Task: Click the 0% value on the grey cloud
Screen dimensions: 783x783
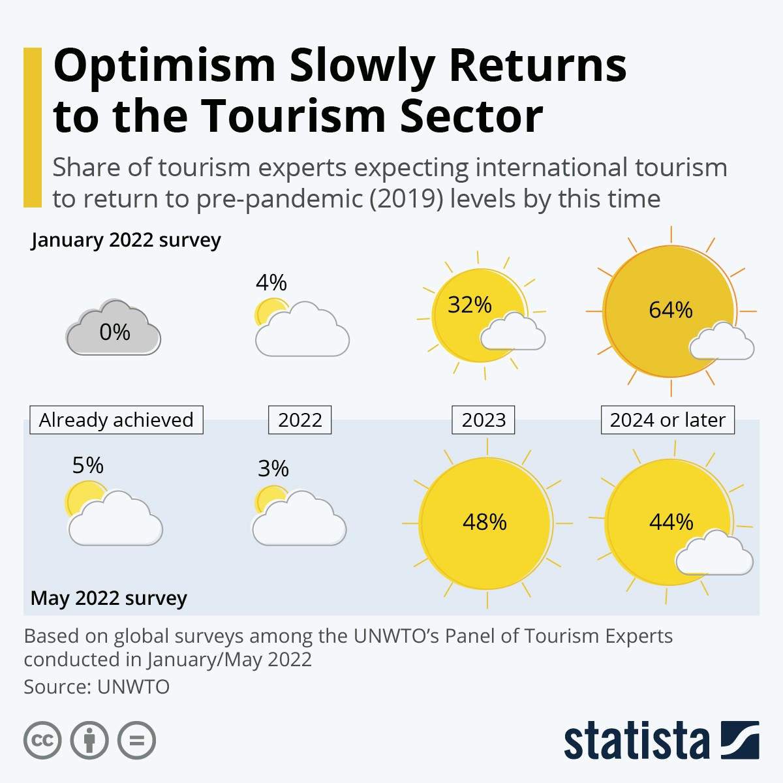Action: click(x=115, y=332)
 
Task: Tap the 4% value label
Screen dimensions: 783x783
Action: click(x=271, y=283)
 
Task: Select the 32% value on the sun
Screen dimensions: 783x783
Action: click(x=470, y=305)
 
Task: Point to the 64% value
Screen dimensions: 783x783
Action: click(x=671, y=309)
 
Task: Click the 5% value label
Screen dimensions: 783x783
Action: click(x=88, y=465)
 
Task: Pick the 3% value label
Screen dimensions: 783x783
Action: click(x=273, y=468)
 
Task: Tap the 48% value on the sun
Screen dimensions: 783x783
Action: click(x=485, y=522)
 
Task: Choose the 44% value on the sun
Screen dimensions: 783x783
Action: click(x=671, y=522)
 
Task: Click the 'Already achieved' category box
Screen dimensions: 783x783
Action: click(x=116, y=420)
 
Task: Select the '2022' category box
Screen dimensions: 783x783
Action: click(x=300, y=420)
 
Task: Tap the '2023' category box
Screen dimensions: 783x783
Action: click(x=484, y=420)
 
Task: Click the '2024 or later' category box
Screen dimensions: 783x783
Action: click(x=668, y=420)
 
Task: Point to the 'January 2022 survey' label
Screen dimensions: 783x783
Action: click(x=126, y=240)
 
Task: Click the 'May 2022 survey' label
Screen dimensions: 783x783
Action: click(x=109, y=598)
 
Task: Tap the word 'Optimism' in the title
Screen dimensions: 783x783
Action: click(x=164, y=65)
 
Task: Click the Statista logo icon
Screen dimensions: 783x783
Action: click(x=740, y=740)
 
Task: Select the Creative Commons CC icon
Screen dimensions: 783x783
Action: click(x=42, y=741)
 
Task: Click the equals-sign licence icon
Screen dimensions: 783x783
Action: click(x=137, y=741)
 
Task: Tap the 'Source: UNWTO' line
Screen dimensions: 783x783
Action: click(x=97, y=687)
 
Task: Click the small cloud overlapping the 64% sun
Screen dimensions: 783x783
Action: click(x=722, y=342)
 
